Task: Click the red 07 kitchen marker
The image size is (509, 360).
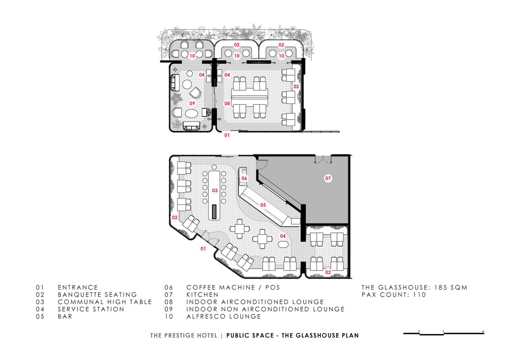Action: (x=328, y=178)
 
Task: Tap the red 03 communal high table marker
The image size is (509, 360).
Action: (x=215, y=190)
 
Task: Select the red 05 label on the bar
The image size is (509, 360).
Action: (x=263, y=205)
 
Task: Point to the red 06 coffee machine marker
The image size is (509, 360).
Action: (x=244, y=178)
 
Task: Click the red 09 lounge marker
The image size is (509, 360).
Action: (x=192, y=104)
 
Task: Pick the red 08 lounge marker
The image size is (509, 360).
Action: (x=227, y=104)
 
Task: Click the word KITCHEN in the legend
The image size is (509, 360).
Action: (x=202, y=295)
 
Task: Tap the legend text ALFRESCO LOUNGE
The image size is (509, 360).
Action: (x=224, y=316)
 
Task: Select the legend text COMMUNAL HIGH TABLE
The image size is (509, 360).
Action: (x=105, y=302)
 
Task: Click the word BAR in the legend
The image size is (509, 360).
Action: (x=65, y=316)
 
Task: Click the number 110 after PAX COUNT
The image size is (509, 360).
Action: (x=419, y=295)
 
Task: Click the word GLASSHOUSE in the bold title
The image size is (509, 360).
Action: (x=310, y=336)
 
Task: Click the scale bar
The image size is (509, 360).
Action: (x=443, y=334)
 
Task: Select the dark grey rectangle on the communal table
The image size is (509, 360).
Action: (x=214, y=212)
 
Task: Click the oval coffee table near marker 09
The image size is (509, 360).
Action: (x=192, y=114)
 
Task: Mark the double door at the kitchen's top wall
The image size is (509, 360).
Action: (x=323, y=159)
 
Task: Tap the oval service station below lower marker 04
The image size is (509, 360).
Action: (x=283, y=244)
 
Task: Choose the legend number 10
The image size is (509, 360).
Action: (x=169, y=316)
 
